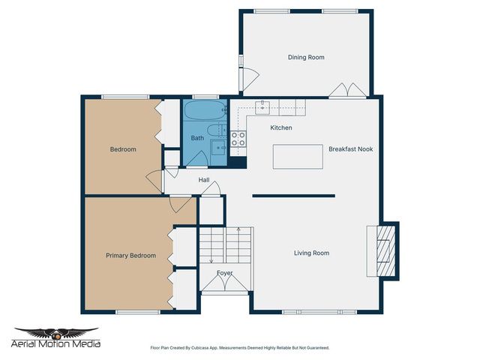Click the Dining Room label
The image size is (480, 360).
point(306,57)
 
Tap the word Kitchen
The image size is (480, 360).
point(281,128)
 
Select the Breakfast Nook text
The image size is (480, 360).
point(350,149)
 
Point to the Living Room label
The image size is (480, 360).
point(310,253)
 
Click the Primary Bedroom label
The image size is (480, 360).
point(130,256)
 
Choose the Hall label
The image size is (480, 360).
point(204,181)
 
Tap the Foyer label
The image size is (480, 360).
point(225,273)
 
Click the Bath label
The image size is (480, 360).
point(197,138)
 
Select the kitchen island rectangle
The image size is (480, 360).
point(297,157)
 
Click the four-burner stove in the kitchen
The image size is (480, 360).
point(238,138)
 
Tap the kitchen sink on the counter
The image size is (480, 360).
point(263,106)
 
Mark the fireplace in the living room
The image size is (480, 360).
point(384,251)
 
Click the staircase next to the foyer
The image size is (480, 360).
point(225,244)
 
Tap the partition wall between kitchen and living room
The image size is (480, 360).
point(292,196)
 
